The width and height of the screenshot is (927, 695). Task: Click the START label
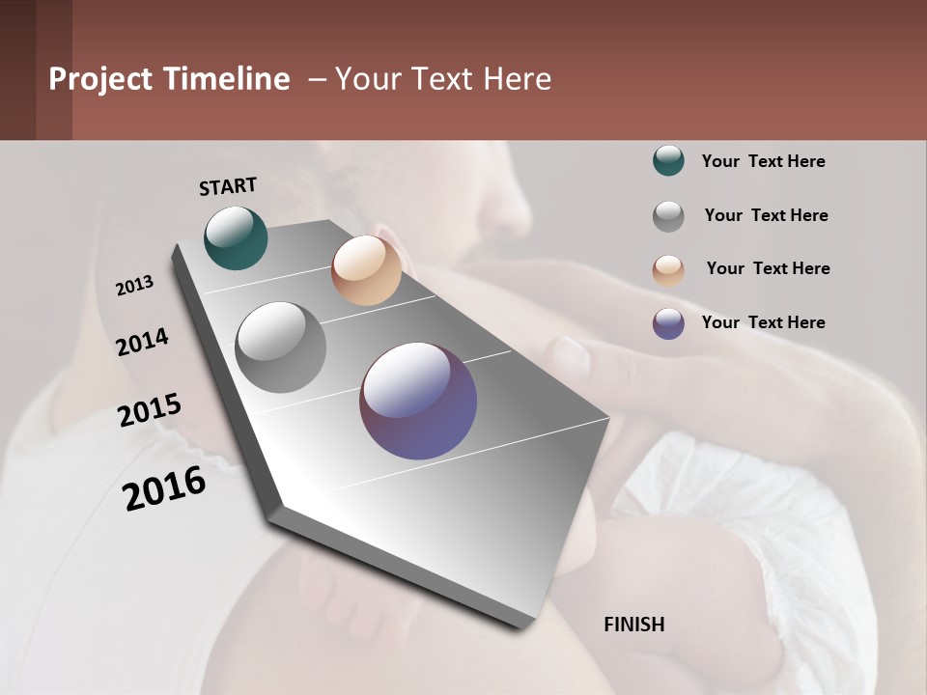click(228, 186)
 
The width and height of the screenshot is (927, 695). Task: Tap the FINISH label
click(633, 625)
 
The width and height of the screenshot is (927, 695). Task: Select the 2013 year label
click(135, 286)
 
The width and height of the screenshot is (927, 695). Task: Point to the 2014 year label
click(143, 343)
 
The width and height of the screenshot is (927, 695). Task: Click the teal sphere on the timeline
click(236, 237)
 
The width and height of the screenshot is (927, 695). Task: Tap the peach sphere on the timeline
click(366, 270)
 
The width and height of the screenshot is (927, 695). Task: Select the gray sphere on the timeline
click(280, 347)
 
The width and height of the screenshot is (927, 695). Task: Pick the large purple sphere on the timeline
click(418, 401)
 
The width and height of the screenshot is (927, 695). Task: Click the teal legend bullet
click(668, 161)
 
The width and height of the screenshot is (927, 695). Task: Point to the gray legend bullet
click(668, 216)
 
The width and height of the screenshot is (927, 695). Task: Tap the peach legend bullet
click(668, 270)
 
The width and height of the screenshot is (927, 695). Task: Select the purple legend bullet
click(668, 323)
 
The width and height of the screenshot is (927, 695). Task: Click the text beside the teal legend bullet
click(763, 161)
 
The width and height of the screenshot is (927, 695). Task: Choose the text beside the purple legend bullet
click(763, 322)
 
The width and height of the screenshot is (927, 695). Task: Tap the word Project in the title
click(100, 79)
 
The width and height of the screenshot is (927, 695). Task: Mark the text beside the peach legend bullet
click(768, 268)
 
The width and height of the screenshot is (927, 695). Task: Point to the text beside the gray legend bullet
click(766, 215)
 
